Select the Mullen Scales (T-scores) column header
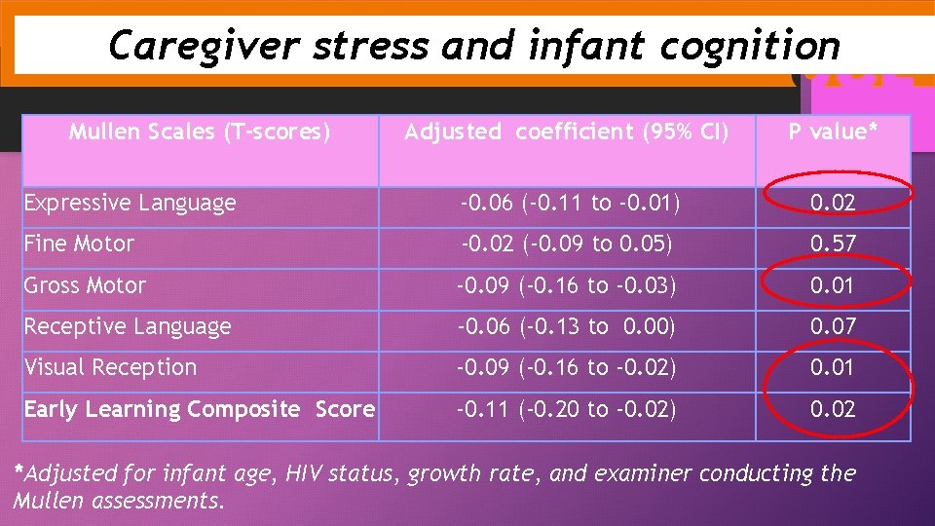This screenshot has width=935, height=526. [200, 131]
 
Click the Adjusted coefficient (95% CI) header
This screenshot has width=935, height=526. [566, 131]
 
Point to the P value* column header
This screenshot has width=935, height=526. [833, 131]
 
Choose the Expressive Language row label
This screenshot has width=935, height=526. [130, 203]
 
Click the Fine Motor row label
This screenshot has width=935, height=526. [79, 244]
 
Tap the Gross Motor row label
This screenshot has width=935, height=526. [85, 285]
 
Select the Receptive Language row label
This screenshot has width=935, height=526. [128, 326]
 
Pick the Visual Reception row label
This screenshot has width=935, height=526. [110, 367]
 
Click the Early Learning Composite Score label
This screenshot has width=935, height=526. [200, 409]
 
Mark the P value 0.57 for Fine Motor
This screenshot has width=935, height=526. [833, 244]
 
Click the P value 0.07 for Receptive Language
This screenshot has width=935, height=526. [833, 326]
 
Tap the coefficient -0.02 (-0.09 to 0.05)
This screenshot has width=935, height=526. [567, 244]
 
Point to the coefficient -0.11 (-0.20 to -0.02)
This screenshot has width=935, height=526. [567, 409]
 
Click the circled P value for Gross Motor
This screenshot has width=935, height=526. [833, 285]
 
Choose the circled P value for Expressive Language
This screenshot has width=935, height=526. [833, 203]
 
